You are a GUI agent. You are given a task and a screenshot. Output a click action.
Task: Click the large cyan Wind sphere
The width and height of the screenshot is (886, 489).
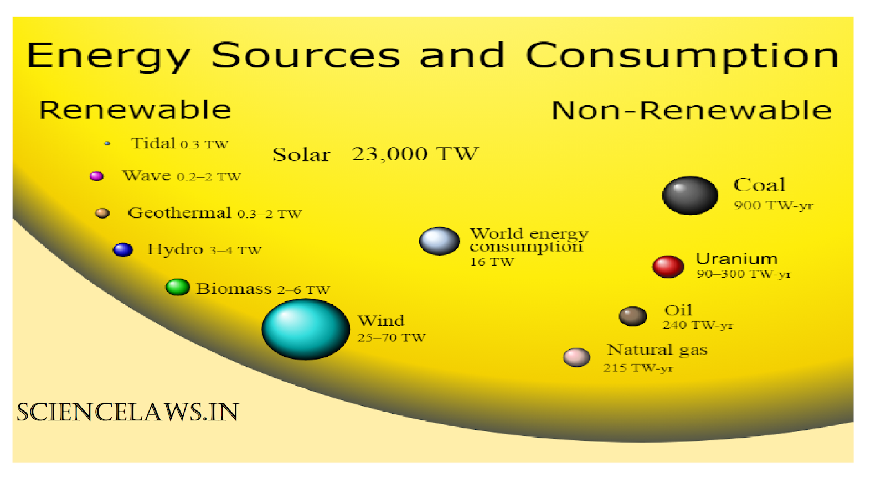pyautogui.click(x=305, y=329)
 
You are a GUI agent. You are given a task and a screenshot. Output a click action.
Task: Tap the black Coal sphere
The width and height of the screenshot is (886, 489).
pyautogui.click(x=690, y=195)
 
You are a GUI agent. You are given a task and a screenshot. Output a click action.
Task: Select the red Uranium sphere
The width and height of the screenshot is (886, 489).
pyautogui.click(x=668, y=266)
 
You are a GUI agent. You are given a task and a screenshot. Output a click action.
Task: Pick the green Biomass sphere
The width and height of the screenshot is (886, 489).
pyautogui.click(x=178, y=287)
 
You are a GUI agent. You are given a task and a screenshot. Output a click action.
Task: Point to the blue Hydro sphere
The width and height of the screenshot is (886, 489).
pyautogui.click(x=123, y=250)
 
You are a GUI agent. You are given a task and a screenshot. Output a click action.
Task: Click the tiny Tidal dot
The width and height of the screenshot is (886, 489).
pyautogui.click(x=107, y=144)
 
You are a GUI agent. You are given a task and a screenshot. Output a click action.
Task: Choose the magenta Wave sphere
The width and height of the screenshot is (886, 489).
pyautogui.click(x=97, y=176)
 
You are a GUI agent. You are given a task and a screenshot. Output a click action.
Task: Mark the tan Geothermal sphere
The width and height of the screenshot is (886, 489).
pyautogui.click(x=102, y=213)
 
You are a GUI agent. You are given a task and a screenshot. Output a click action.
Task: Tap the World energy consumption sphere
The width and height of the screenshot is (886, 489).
pyautogui.click(x=439, y=241)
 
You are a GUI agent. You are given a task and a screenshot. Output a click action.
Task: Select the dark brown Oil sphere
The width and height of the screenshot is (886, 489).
pyautogui.click(x=632, y=316)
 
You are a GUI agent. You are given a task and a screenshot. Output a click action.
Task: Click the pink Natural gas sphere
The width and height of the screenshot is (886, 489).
pyautogui.click(x=576, y=357)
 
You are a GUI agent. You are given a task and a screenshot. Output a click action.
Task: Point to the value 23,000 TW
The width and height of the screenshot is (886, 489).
pyautogui.click(x=415, y=154)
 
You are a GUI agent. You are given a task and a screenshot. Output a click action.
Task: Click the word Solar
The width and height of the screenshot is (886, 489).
pyautogui.click(x=301, y=155)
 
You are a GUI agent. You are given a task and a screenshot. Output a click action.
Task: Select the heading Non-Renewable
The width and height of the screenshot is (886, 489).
pyautogui.click(x=691, y=111)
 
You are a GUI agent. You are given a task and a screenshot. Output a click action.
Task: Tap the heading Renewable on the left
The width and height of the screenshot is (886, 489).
pyautogui.click(x=135, y=110)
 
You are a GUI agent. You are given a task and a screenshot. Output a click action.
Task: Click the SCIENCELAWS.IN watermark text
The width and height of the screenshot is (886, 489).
pyautogui.click(x=128, y=412)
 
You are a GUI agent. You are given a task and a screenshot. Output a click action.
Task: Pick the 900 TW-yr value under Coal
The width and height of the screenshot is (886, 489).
pyautogui.click(x=774, y=205)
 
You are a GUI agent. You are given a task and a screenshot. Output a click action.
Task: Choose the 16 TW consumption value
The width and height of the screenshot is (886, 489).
pyautogui.click(x=492, y=262)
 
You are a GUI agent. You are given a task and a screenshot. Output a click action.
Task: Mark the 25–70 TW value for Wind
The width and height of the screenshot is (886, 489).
pyautogui.click(x=392, y=337)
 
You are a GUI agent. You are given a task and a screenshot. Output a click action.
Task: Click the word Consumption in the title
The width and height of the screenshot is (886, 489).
pyautogui.click(x=682, y=56)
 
